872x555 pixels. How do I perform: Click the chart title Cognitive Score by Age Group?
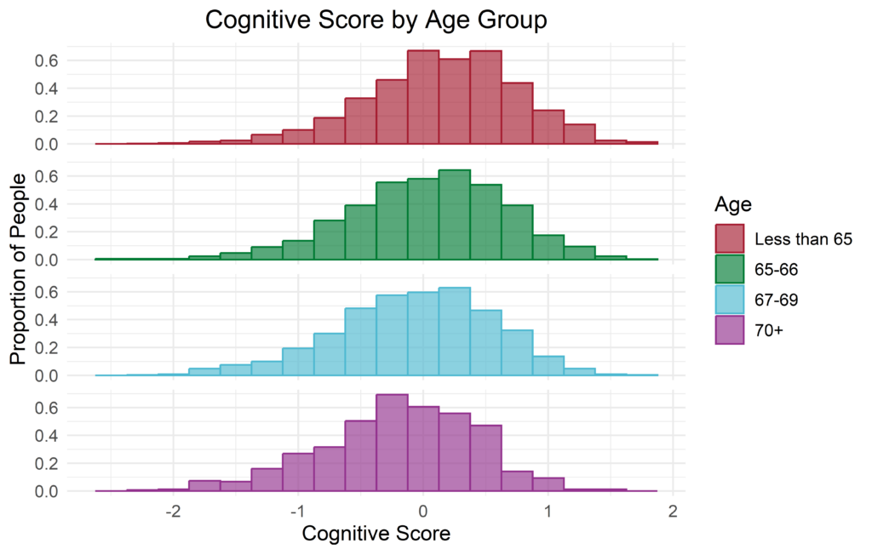376,20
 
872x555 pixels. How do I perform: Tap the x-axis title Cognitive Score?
376,535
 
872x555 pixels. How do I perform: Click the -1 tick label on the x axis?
296,512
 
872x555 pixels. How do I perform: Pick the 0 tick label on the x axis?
423,512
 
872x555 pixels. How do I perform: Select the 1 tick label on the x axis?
548,512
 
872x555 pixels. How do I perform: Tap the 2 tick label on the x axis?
673,512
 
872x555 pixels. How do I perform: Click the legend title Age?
731,204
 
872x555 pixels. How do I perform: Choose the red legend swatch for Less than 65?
731,239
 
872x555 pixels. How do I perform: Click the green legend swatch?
731,269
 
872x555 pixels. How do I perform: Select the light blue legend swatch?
731,300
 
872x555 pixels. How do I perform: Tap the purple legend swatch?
731,330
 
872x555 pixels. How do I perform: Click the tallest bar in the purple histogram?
392,443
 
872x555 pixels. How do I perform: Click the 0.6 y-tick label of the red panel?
46,60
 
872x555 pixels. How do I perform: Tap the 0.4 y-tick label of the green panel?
46,204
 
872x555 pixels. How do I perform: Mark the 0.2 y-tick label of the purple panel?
46,464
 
